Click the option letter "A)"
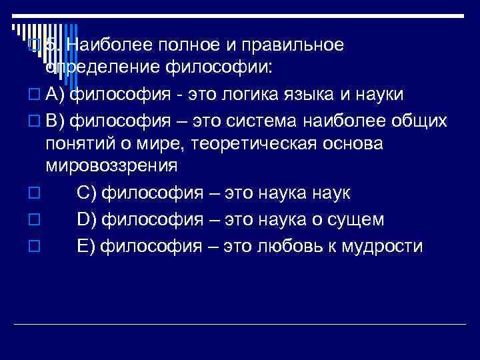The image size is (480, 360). tap(56, 94)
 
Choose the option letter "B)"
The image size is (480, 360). tap(56, 121)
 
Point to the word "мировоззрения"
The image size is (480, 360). tap(111, 165)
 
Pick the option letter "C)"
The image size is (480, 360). tap(87, 193)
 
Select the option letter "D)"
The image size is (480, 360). tap(87, 219)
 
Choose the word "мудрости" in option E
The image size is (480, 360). tap(381, 246)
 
